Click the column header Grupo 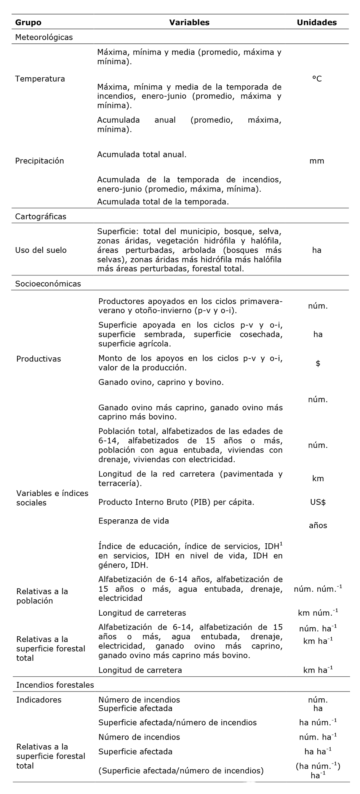[x=28, y=22]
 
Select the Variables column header [x=189, y=22]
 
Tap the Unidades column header [x=317, y=22]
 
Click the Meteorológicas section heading [x=44, y=37]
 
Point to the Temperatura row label [x=40, y=79]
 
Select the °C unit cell [x=317, y=79]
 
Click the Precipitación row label [x=40, y=161]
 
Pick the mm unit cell [x=317, y=161]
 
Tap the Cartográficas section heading [x=41, y=216]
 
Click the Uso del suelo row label [x=41, y=250]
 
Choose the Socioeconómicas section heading [x=48, y=283]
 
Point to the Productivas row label [x=38, y=359]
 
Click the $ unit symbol [x=318, y=363]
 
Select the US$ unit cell [x=318, y=502]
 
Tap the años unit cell [x=318, y=525]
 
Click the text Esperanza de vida [x=134, y=521]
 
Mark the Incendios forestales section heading [x=55, y=685]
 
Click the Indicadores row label [x=38, y=700]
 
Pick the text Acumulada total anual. [x=142, y=155]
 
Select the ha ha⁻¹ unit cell [x=318, y=751]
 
